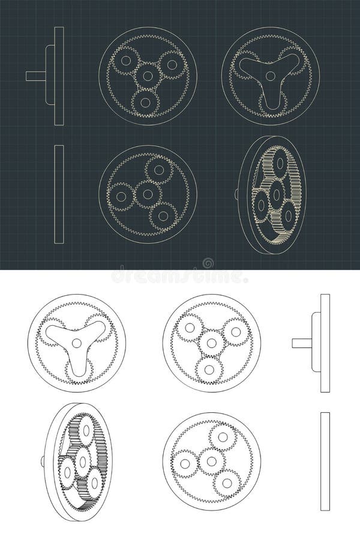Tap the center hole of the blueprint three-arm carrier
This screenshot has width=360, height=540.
271,76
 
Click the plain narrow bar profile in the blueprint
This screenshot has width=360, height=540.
59,194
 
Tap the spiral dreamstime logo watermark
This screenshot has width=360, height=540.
208,263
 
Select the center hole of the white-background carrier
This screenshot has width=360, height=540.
76,343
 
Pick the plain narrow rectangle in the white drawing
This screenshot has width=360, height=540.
325,461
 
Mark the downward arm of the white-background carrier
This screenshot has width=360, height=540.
76,366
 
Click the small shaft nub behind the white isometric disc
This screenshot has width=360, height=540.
43,461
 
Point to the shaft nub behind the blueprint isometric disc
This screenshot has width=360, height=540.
236,194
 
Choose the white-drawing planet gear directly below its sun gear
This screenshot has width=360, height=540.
209,370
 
